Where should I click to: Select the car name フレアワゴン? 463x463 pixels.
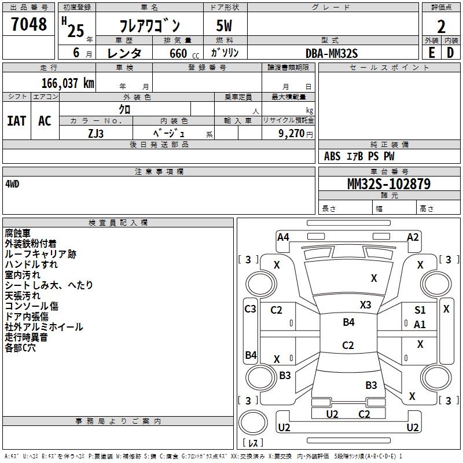[149, 25]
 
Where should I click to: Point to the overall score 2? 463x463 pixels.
[441, 25]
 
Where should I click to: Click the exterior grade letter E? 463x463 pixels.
[432, 52]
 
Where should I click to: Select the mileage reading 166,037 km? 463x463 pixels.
[68, 83]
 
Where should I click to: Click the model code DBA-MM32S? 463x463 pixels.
[332, 53]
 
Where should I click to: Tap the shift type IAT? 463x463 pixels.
[17, 121]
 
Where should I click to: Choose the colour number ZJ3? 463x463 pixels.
[96, 133]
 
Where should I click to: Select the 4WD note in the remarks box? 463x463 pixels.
[12, 183]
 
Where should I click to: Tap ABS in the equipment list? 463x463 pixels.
[332, 156]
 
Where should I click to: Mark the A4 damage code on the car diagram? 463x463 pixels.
[283, 237]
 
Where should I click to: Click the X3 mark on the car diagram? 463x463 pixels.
[365, 304]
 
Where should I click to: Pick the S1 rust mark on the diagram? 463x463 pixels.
[420, 310]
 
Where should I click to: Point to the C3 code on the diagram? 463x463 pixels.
[250, 309]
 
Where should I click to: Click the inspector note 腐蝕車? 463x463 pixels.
[17, 233]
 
